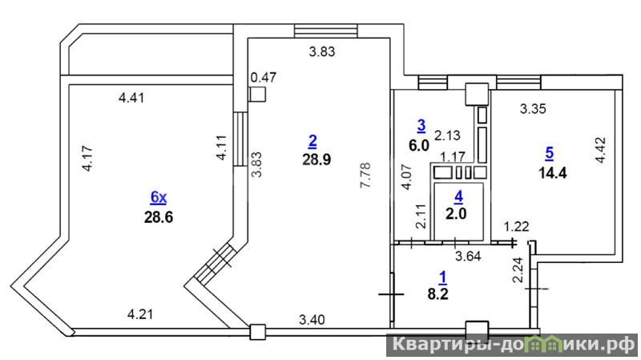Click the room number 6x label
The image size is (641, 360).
159,197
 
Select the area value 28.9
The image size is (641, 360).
316,160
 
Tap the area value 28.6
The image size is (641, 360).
159,216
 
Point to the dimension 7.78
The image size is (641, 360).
365,175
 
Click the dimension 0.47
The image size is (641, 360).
264,77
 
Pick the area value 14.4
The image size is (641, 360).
553,173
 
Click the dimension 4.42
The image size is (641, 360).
601,150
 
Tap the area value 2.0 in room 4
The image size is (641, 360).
456,213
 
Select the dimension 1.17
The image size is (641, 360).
453,156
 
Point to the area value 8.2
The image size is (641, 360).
437,293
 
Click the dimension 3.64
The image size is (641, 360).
468,256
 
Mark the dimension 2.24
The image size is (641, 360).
518,270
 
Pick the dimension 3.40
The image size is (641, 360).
312,319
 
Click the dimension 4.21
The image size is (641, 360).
140,314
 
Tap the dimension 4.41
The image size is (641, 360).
131,98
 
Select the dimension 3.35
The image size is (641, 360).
533,109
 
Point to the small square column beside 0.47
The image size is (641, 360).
257,95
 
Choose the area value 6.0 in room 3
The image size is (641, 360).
419,145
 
